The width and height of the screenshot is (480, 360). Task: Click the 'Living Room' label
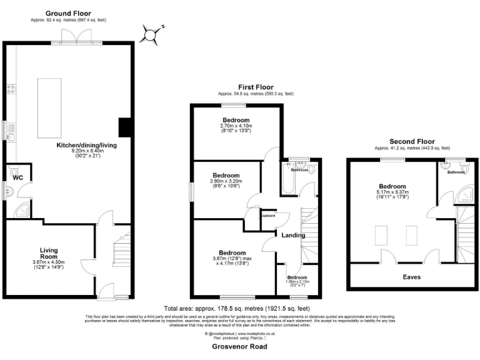click(x=49, y=252)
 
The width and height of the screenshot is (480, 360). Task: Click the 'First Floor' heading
click(x=256, y=87)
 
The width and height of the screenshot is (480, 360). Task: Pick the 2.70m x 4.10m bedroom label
click(x=236, y=120)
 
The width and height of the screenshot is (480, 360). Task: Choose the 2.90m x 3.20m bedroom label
click(x=226, y=176)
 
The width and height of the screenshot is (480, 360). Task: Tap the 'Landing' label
click(x=294, y=235)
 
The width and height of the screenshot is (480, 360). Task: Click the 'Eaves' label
click(x=411, y=276)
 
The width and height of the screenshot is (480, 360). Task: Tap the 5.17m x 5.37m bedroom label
click(x=392, y=186)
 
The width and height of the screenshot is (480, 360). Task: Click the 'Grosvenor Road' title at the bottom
click(x=240, y=345)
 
